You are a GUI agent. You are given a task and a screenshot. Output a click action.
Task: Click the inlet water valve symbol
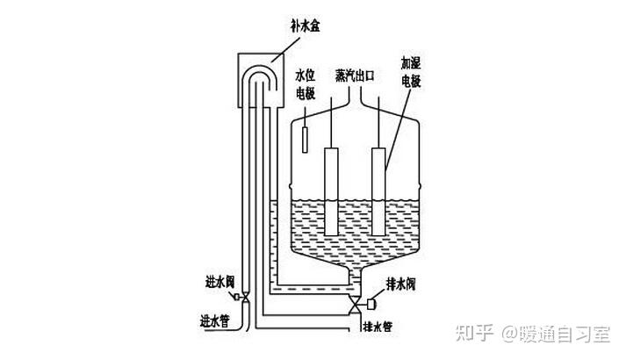(246, 296)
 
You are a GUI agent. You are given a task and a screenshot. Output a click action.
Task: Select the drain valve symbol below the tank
(354, 303)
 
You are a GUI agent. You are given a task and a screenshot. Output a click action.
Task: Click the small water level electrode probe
(305, 140)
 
